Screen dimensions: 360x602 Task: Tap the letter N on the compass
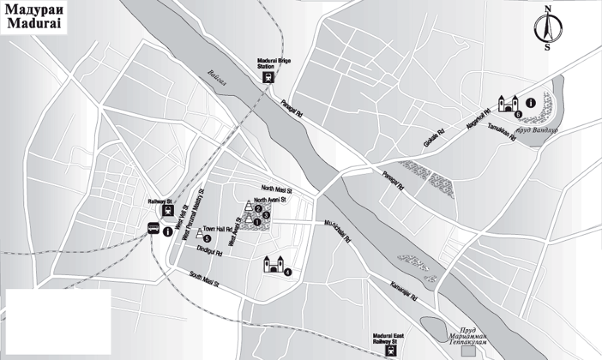click(547, 9)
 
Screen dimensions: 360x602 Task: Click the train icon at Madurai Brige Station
click(268, 77)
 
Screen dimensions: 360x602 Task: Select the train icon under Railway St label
click(167, 211)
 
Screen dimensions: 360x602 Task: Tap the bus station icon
click(154, 229)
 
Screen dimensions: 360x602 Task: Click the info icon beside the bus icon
click(166, 230)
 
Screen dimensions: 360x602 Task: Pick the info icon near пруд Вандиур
click(530, 103)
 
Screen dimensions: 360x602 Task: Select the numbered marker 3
click(266, 215)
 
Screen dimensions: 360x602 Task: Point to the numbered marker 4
click(288, 271)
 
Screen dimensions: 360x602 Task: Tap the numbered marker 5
click(207, 238)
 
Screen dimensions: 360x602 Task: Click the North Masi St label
click(278, 189)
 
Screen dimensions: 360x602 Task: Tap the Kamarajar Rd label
click(404, 289)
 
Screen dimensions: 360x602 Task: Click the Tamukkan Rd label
click(502, 132)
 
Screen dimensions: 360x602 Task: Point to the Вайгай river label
click(218, 78)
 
